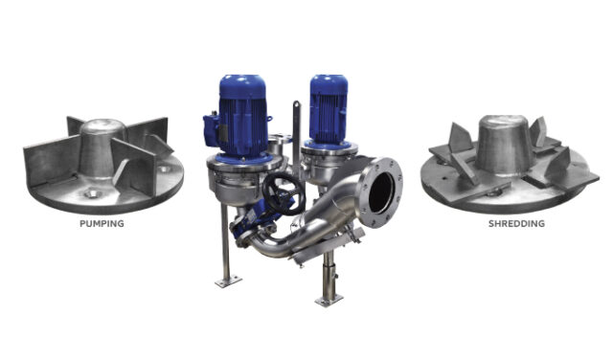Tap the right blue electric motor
(328, 108)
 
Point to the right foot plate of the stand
(329, 300)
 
